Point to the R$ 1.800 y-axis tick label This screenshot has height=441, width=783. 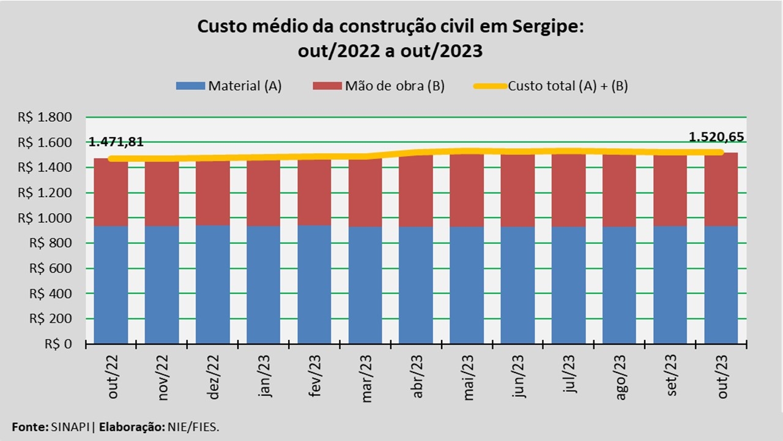pos(54,118)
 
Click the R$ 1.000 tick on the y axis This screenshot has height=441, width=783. pos(54,218)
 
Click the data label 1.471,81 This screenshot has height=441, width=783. pos(116,142)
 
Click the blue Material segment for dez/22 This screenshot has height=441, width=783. pos(213,285)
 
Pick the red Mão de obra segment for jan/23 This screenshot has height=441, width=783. pos(264,193)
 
